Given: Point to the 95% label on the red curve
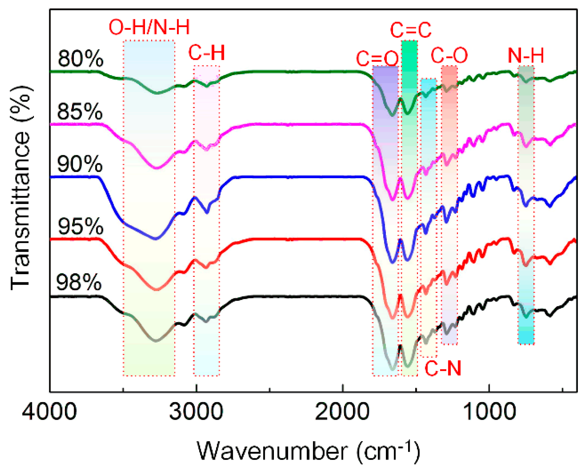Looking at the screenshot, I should tap(80, 226).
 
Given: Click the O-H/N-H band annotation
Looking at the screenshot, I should tap(149, 27).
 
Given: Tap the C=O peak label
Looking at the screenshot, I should tap(377, 59).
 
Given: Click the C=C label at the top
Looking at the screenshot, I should tap(411, 30).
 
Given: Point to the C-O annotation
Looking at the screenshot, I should tap(449, 55).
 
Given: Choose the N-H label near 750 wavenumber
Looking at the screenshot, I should tap(526, 55).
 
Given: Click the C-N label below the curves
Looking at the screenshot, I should tap(443, 368).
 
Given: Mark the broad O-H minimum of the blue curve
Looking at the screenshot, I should tap(156, 239).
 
